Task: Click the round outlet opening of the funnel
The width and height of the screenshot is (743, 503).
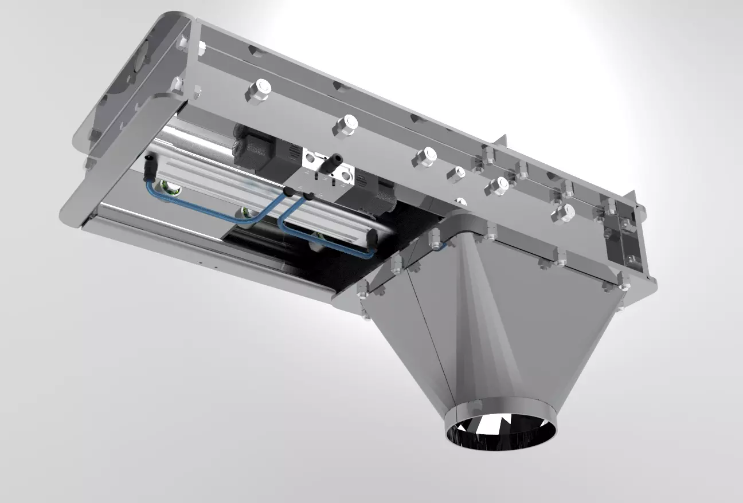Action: (x=500, y=430)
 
